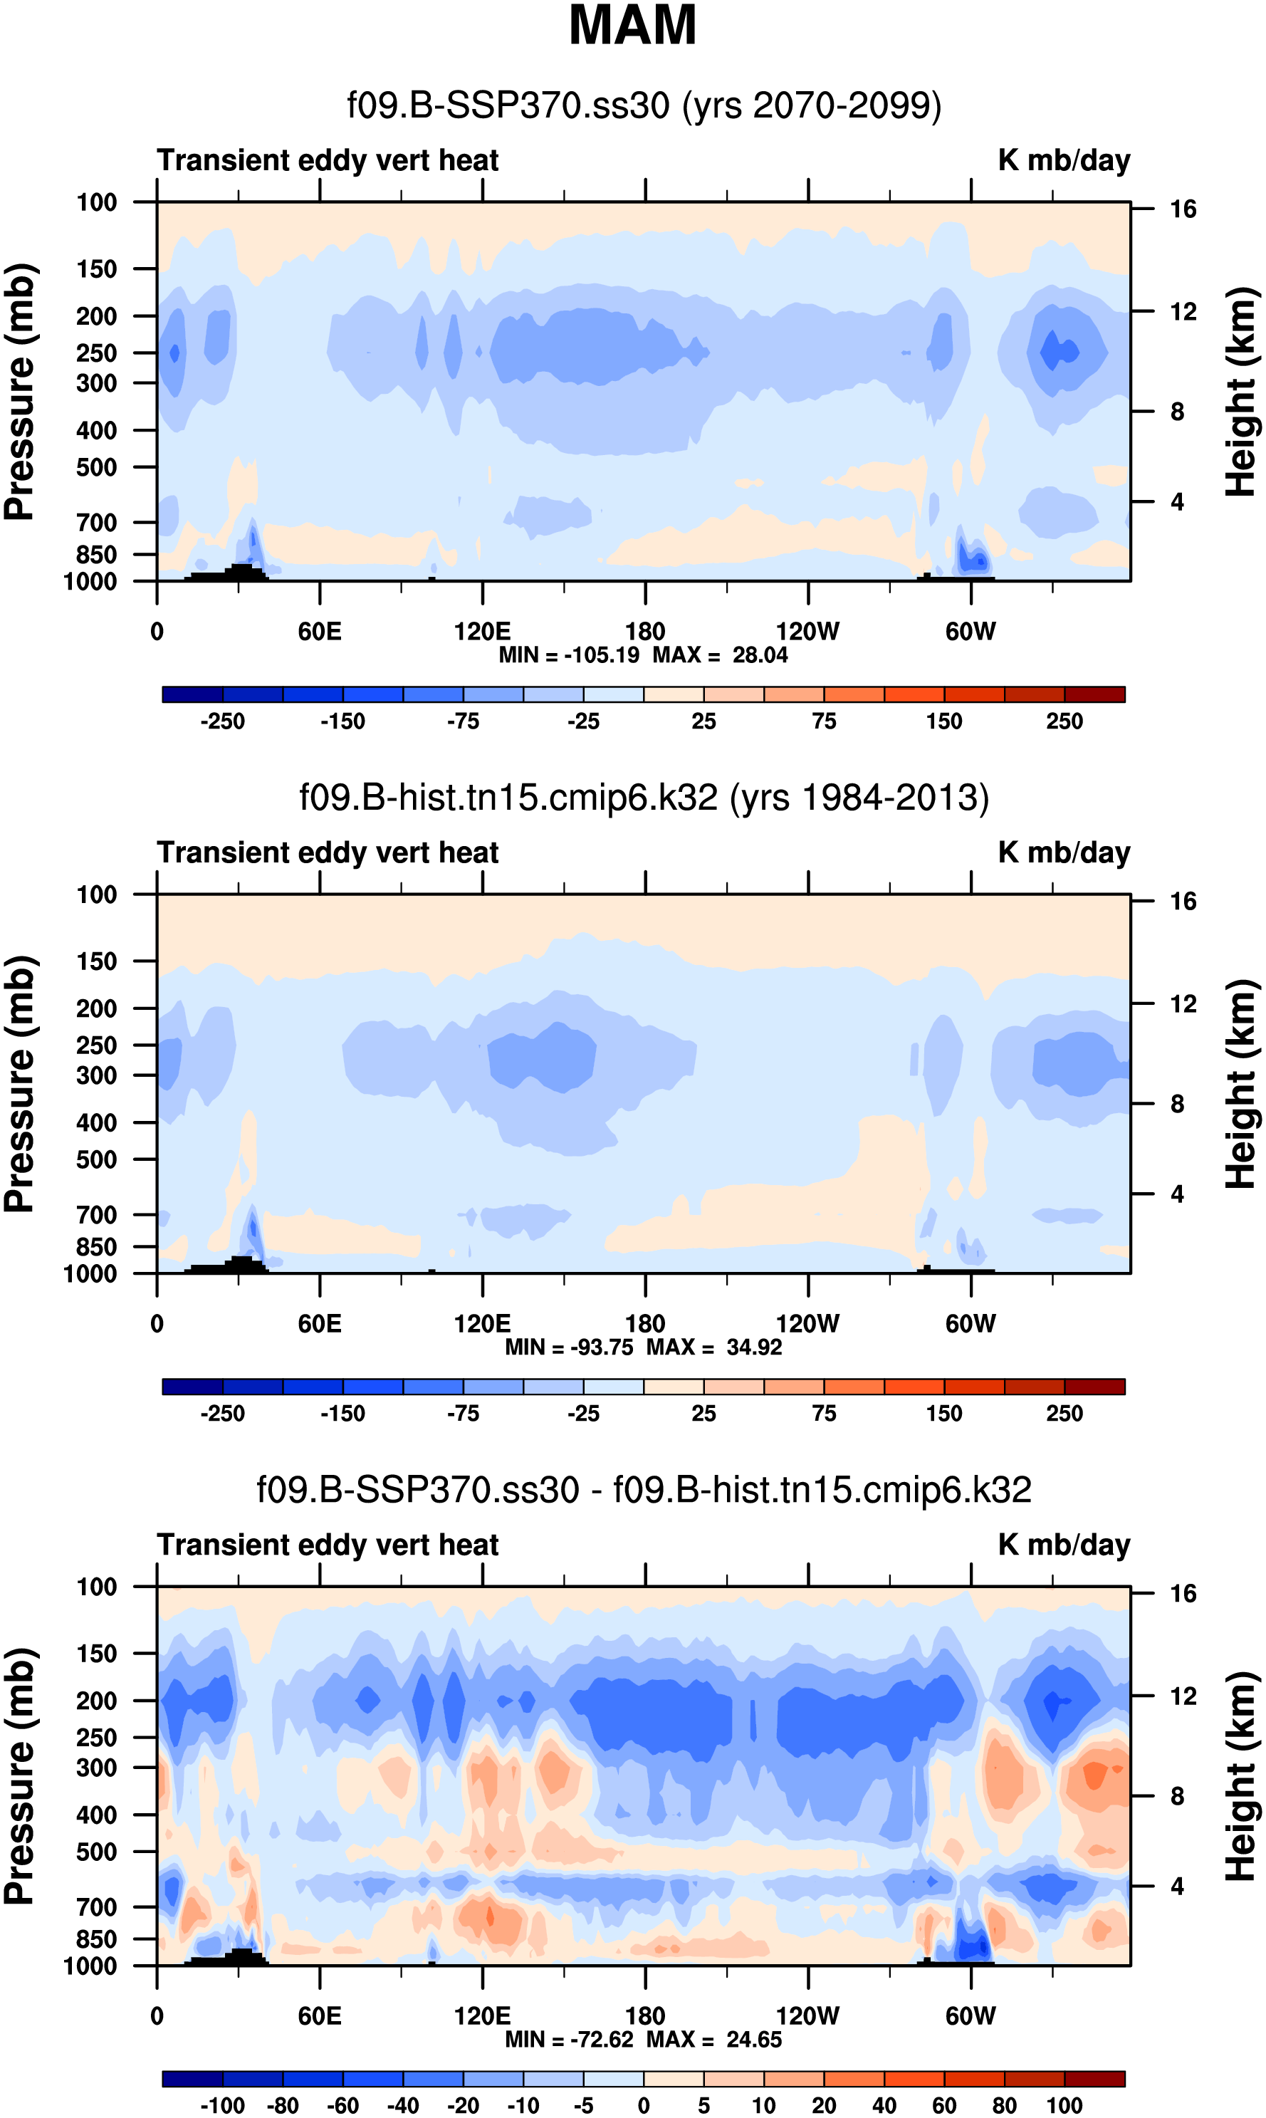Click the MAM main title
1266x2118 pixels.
[x=632, y=26]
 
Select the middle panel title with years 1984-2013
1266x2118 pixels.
[x=644, y=798]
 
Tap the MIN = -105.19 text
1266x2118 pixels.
[x=569, y=655]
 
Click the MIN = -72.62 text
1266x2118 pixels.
[x=569, y=2039]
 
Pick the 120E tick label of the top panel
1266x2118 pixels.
[x=482, y=632]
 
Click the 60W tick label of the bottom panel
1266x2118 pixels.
[x=970, y=2015]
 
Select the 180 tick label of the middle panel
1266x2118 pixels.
[x=645, y=1324]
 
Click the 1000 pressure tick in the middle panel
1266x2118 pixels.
[x=90, y=1273]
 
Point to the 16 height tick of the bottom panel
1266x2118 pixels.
[x=1183, y=1593]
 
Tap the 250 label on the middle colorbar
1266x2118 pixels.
[x=1064, y=1414]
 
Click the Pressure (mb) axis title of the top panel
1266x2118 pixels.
[x=19, y=392]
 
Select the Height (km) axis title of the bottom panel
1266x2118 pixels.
[x=1241, y=1777]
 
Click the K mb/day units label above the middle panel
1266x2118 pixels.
[x=1064, y=853]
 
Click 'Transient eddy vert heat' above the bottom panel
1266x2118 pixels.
[x=328, y=1545]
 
